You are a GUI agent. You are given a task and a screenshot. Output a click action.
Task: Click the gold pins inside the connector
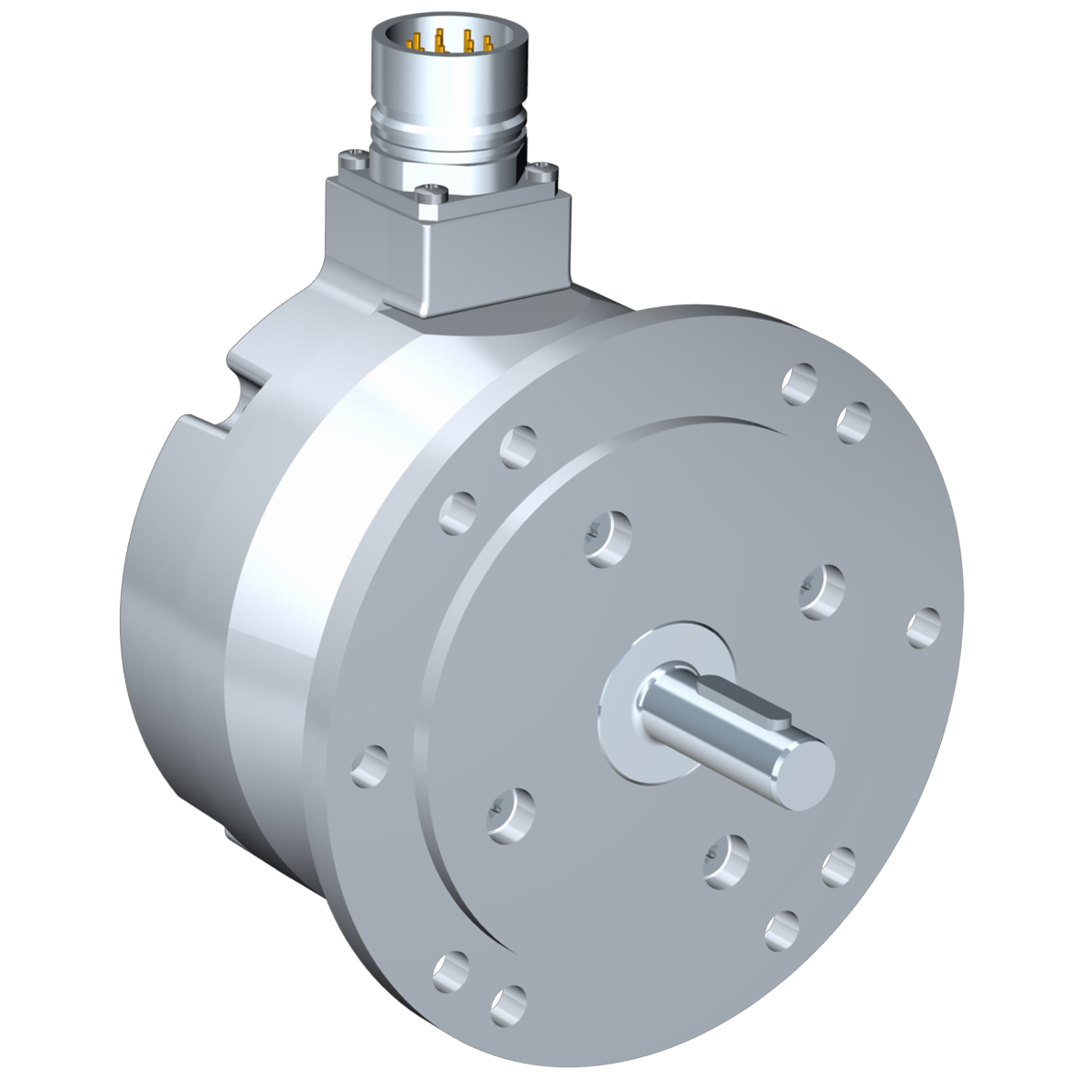pyautogui.click(x=448, y=41)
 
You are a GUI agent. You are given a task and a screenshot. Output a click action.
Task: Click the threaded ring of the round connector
pyautogui.click(x=448, y=128)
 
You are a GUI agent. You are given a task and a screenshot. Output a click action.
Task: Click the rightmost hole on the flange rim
pyautogui.click(x=924, y=626)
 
